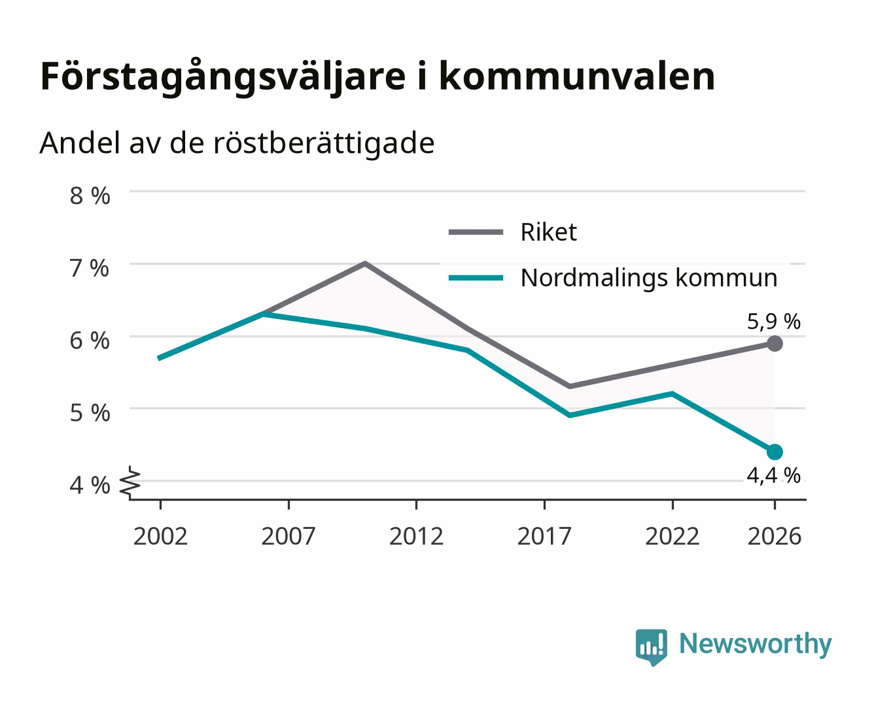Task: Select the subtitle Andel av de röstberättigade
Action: coord(237,144)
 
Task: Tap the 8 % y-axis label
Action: coord(90,195)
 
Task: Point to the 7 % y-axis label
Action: coord(90,269)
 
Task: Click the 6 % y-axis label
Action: coord(90,341)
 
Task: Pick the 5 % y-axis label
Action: coord(90,413)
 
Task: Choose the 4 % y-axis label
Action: coord(90,486)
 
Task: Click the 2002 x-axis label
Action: coord(160,536)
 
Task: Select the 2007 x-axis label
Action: coord(288,536)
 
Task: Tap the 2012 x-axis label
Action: coord(417,536)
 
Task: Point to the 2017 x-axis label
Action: coord(544,536)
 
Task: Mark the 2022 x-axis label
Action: coord(673,536)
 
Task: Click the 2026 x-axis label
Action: coord(775,536)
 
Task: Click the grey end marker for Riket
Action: coord(775,343)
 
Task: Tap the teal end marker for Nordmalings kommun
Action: coord(775,452)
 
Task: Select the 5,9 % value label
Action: coord(774,322)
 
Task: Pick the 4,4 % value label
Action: coord(774,476)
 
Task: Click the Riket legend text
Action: coord(549,232)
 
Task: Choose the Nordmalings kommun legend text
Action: coord(649,278)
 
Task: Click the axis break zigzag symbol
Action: coord(130,483)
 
